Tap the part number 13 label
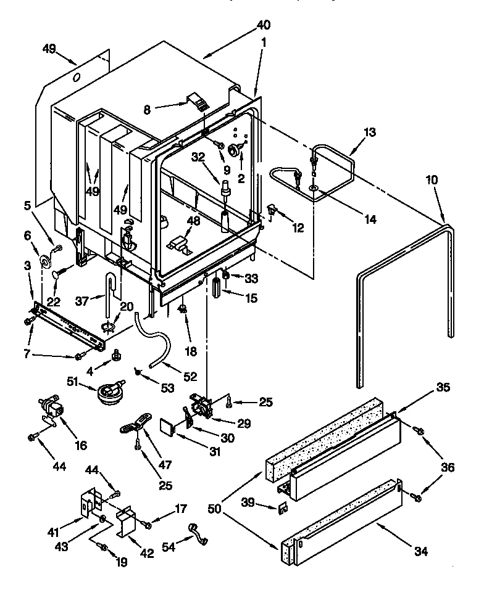point(369,132)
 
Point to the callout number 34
point(421,550)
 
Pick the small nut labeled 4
point(115,356)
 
